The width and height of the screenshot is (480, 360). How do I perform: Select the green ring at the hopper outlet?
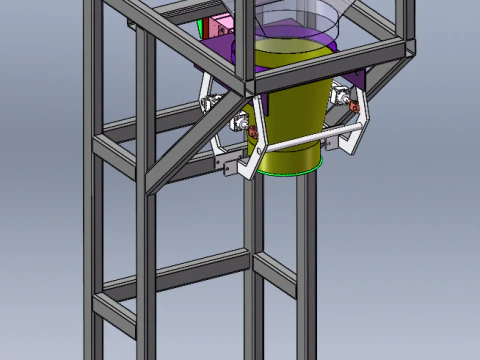coord(290,171)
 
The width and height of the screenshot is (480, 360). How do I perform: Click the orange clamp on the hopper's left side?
coord(253,132)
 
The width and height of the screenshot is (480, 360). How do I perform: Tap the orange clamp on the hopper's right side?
coord(353,102)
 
